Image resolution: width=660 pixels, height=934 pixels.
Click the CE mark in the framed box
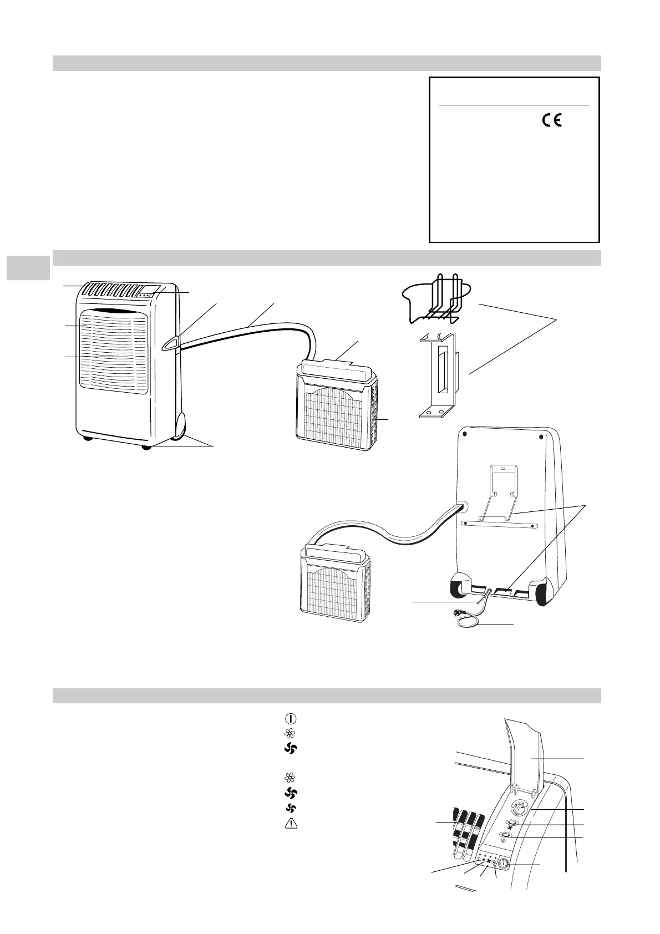tap(549, 120)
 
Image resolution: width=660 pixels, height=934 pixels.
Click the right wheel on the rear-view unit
tap(544, 591)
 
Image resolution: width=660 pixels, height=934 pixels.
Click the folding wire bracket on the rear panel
tap(502, 494)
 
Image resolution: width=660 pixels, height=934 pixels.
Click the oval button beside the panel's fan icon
tap(511, 825)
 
